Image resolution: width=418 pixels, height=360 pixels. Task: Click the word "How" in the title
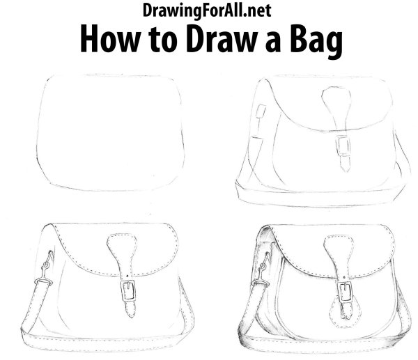(x=110, y=39)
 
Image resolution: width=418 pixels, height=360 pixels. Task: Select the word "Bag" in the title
(x=316, y=42)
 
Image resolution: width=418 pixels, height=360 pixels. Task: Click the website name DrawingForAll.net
(x=207, y=10)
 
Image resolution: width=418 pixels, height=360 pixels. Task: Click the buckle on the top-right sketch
(x=343, y=146)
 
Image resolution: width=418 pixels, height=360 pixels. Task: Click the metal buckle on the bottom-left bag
(x=128, y=290)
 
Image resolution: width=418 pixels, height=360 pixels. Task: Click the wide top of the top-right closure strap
(x=336, y=96)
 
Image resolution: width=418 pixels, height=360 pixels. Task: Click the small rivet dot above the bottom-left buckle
(x=127, y=276)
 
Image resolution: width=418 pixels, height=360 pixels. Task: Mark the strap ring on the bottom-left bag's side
(x=43, y=281)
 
